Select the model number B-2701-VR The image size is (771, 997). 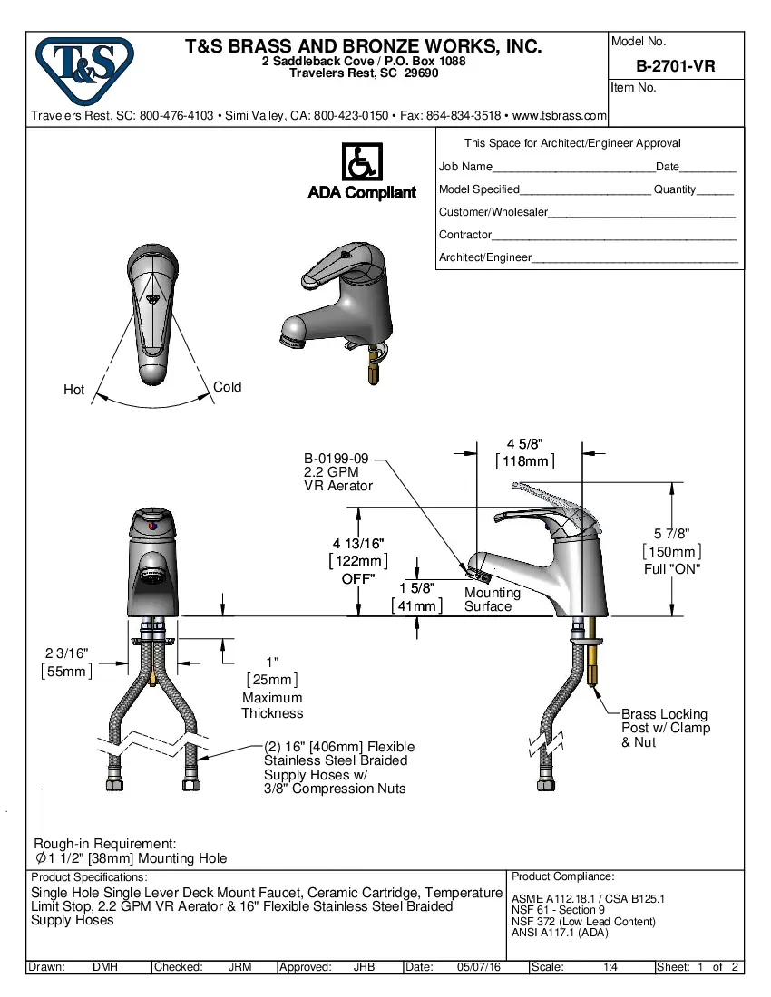click(x=676, y=66)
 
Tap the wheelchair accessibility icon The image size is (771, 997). click(x=362, y=162)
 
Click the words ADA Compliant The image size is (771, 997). click(x=362, y=193)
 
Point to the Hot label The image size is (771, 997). click(x=73, y=390)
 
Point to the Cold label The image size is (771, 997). click(x=227, y=387)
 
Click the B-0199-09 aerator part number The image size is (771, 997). click(x=336, y=459)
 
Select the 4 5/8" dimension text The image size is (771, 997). click(x=524, y=444)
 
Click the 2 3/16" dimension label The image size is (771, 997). click(x=67, y=653)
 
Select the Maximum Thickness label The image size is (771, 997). click(x=272, y=706)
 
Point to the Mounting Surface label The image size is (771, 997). click(x=492, y=599)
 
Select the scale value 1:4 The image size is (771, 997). click(x=610, y=967)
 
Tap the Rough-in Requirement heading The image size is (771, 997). click(x=104, y=844)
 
